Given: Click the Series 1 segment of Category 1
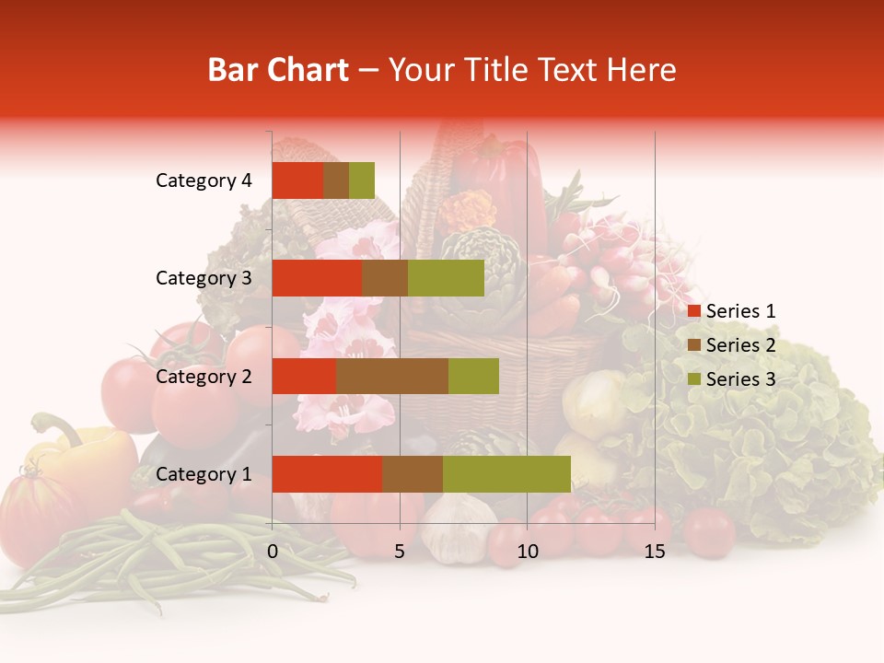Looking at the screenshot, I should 327,474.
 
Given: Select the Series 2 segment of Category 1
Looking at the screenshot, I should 413,474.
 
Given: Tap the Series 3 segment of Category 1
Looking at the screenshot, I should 506,474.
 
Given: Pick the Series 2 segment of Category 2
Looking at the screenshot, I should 392,376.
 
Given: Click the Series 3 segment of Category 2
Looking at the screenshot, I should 473,376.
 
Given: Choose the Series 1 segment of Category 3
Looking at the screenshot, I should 317,278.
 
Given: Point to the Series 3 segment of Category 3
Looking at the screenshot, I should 446,278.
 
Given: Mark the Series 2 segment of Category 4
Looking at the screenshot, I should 336,180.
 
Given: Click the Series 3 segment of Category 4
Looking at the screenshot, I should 362,180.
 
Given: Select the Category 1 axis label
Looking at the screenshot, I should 204,474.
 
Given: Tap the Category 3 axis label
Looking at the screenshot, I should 204,278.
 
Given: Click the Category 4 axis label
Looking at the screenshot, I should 204,180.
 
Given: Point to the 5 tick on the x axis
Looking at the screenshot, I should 400,552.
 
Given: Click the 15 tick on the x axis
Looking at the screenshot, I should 655,552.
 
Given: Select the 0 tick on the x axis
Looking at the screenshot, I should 273,552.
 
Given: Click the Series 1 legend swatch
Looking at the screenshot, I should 694,311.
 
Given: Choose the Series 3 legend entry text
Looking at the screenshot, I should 740,379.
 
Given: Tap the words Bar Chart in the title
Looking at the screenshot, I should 278,70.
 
